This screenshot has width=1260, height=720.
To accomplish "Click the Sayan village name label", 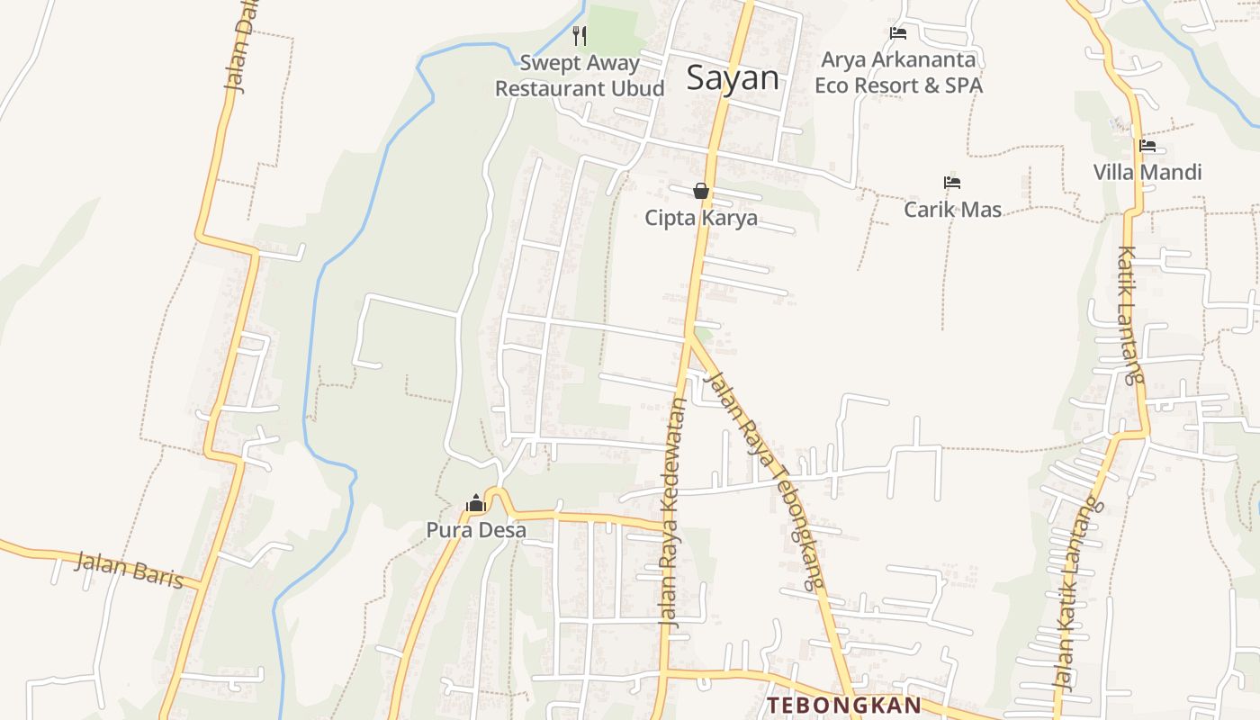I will (732, 78).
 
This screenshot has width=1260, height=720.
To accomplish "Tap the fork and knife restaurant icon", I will (580, 36).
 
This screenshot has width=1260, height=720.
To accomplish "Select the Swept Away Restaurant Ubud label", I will (580, 76).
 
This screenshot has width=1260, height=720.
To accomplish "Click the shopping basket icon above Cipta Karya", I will (701, 191).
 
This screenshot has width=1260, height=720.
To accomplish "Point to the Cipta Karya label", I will (701, 218).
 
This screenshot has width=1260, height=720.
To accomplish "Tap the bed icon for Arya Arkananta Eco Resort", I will (897, 33).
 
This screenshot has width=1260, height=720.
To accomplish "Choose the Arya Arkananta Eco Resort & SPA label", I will (898, 73).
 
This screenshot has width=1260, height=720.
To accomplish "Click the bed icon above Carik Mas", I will (952, 183).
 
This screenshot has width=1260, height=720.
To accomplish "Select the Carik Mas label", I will (952, 210).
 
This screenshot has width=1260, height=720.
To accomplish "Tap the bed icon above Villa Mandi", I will (1147, 146).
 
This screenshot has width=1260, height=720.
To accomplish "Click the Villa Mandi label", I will (1147, 172).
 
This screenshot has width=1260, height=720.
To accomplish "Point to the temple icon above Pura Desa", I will (476, 503).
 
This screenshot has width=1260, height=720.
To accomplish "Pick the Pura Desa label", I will (476, 530).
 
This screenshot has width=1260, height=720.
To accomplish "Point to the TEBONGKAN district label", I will (844, 705).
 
